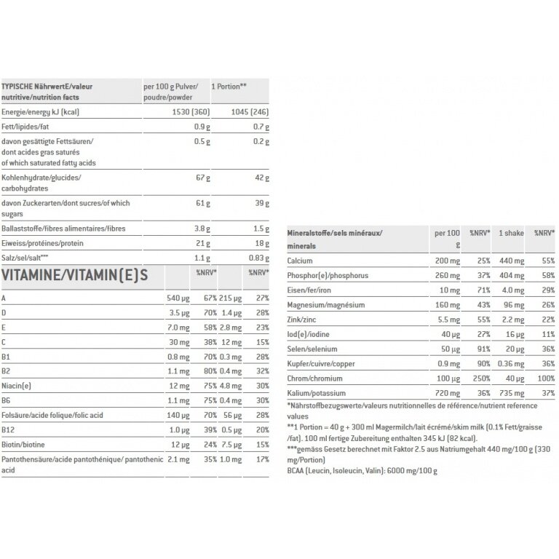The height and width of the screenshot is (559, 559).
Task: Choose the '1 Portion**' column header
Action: (x=229, y=86)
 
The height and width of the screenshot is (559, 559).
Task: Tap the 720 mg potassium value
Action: (x=448, y=393)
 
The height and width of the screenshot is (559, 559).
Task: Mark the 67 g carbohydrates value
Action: (x=202, y=178)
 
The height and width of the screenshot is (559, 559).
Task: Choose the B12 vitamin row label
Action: (x=9, y=429)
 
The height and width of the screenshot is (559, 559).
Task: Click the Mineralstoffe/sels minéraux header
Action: (x=334, y=233)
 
